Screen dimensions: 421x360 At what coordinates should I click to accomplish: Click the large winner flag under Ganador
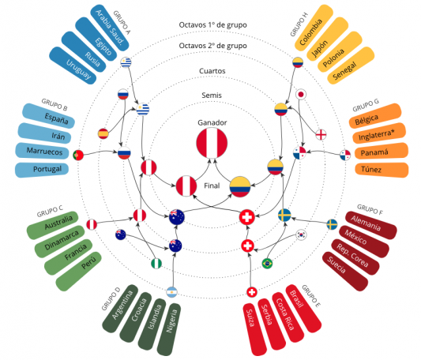(212, 143)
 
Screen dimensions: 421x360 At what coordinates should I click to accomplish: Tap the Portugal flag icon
(78, 156)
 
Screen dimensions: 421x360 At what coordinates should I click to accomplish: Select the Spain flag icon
(103, 133)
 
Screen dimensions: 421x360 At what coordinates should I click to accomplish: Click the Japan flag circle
(301, 95)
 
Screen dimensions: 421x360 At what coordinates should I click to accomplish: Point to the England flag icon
(321, 134)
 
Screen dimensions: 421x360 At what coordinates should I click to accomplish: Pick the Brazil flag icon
(267, 264)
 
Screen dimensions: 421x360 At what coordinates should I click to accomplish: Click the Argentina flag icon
(172, 292)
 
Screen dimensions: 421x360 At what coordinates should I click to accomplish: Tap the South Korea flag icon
(302, 234)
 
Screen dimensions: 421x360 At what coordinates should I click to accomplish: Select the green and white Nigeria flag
(156, 264)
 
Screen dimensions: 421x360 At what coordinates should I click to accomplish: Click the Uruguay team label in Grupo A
(78, 69)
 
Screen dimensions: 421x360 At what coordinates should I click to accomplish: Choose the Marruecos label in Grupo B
(44, 151)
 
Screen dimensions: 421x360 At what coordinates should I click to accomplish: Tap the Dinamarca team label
(62, 240)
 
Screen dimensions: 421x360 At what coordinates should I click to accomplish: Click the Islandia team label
(155, 317)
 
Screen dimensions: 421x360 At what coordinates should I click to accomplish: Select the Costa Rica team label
(285, 314)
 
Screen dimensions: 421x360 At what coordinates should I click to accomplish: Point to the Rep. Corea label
(352, 255)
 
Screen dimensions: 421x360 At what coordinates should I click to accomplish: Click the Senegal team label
(344, 71)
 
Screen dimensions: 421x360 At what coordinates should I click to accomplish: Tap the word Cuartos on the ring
(212, 71)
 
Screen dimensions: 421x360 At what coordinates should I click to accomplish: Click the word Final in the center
(212, 186)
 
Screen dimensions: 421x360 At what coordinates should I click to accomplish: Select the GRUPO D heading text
(111, 298)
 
